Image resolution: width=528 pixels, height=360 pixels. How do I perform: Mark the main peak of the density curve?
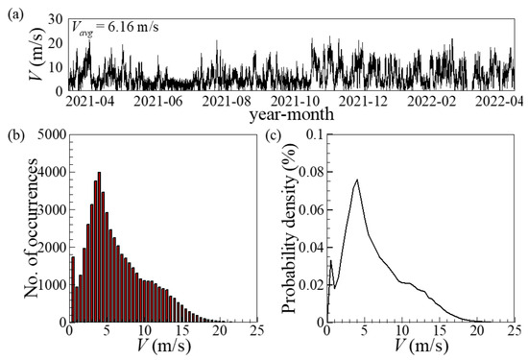point(358,180)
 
